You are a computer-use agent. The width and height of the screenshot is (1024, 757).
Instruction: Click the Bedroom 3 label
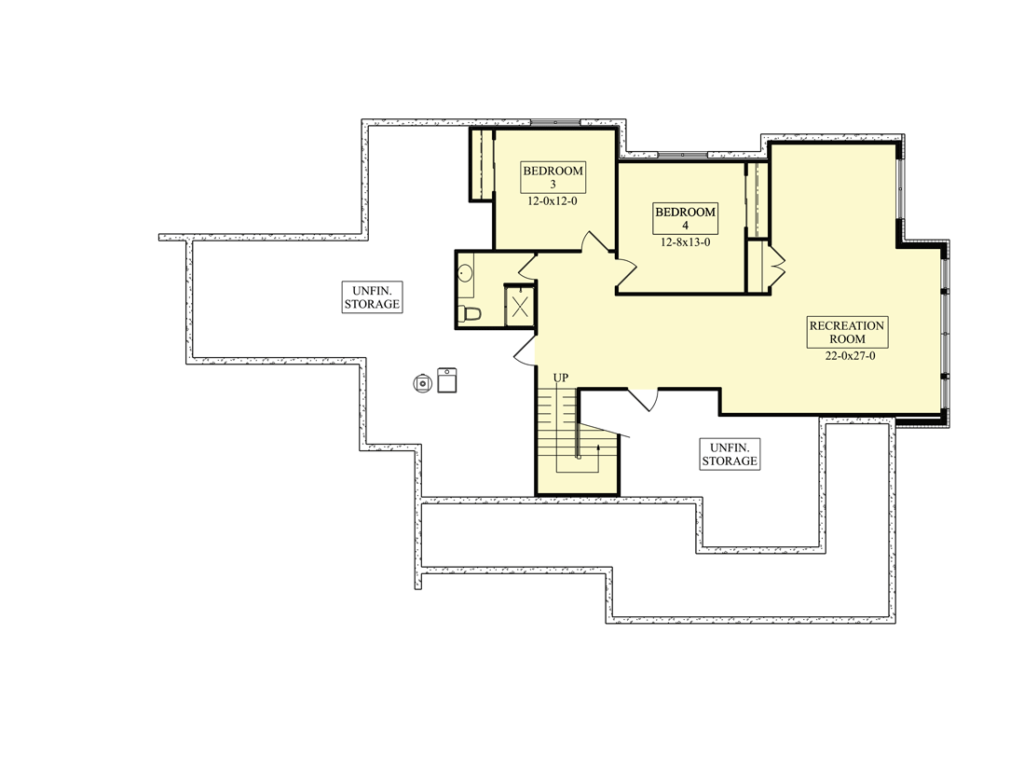[553, 177]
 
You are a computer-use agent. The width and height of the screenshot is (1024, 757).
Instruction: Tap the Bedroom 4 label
[685, 218]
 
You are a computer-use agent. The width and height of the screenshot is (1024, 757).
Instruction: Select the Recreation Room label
[847, 332]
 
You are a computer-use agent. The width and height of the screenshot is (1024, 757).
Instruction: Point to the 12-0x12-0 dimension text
[553, 201]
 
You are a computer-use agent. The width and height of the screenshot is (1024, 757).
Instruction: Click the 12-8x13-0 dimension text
[685, 242]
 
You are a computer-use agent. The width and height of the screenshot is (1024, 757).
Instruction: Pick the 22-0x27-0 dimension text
[850, 356]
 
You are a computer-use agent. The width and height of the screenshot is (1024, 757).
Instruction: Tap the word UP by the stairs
[560, 378]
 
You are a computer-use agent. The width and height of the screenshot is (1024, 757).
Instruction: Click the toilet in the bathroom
[470, 313]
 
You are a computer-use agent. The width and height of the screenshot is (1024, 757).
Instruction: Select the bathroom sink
[466, 273]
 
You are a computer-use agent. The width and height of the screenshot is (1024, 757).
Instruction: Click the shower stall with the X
[520, 307]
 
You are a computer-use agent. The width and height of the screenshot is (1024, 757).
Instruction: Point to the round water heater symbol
[423, 383]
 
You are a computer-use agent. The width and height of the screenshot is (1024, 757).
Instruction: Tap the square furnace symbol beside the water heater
[446, 380]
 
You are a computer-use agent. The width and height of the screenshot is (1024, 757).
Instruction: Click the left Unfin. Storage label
[372, 297]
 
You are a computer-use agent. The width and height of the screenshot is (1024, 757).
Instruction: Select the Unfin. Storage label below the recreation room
[730, 454]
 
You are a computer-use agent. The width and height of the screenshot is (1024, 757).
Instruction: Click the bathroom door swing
[526, 265]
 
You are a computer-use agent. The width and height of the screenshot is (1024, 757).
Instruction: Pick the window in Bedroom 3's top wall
[554, 122]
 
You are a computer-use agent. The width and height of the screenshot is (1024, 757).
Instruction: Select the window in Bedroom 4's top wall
[682, 155]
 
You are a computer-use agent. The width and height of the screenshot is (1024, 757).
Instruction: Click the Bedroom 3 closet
[482, 164]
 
